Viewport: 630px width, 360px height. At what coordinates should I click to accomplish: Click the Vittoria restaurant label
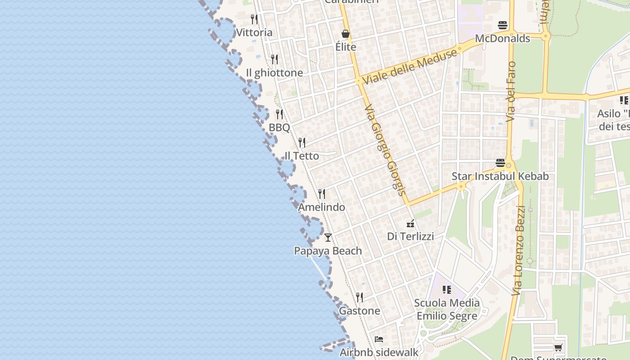coord(254,32)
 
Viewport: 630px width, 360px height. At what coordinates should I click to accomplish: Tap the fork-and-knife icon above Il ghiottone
coord(274,59)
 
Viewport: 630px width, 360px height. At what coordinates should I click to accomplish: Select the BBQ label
coord(279,128)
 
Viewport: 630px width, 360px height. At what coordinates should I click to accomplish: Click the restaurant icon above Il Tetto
coord(302,143)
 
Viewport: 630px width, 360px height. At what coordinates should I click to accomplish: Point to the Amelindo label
coord(321,207)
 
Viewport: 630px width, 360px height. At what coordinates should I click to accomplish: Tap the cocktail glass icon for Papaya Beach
coord(328,238)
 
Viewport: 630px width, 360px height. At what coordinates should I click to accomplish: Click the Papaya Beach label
coord(328,251)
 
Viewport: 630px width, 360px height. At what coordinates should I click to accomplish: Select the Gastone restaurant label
coord(359,311)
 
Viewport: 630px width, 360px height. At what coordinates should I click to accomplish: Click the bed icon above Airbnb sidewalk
coord(379,339)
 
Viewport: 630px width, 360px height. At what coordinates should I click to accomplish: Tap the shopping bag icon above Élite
coord(346,34)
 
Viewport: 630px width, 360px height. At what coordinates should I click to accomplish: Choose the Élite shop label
coord(346,47)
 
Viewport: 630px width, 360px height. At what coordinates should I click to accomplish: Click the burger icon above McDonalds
coord(503,25)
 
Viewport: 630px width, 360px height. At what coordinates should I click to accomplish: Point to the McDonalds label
coord(503,39)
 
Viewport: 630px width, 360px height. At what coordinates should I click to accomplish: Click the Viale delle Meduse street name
coord(409,66)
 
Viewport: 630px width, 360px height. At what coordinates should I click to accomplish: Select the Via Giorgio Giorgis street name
coord(384,150)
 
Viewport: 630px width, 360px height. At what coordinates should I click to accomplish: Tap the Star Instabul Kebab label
coord(500,176)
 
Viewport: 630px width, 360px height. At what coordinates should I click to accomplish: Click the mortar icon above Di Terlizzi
coord(410,223)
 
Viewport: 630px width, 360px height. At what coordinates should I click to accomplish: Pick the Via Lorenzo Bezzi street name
coord(519,250)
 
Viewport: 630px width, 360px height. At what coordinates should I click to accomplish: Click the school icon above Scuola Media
coord(446,290)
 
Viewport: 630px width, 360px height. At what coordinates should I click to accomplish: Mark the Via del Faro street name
coord(511,91)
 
